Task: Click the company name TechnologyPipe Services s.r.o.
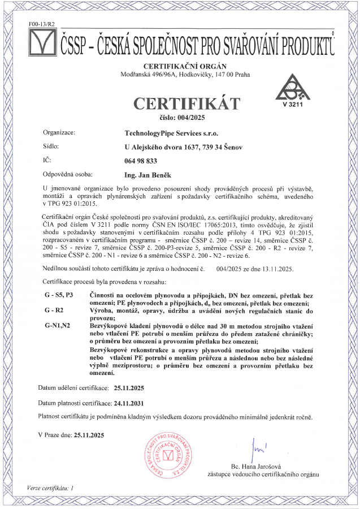pos(171,133)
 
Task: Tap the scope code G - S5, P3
pos(58,295)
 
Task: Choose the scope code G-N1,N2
pos(58,326)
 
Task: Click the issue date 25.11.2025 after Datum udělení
pos(129,389)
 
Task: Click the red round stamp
pos(167,456)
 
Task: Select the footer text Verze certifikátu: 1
pos(50,487)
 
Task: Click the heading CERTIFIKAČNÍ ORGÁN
pos(180,66)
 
